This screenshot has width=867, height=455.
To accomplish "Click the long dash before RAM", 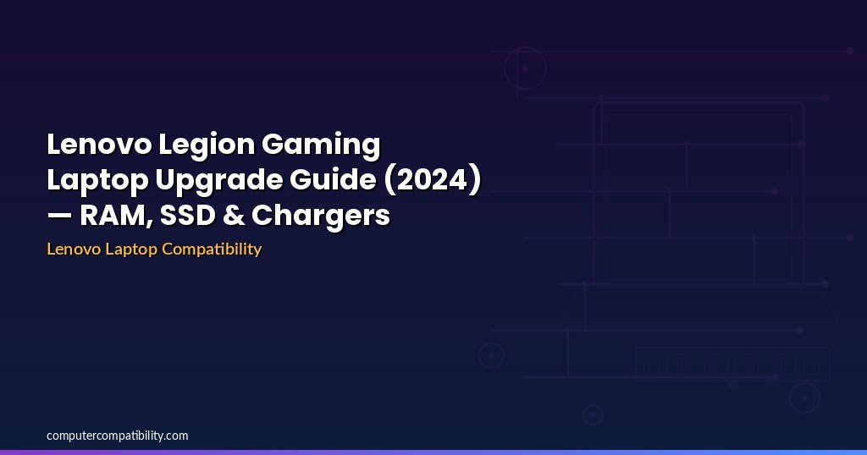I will [59, 217].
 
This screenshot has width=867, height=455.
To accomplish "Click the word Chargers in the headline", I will [321, 216].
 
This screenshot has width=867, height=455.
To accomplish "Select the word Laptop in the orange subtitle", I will [128, 249].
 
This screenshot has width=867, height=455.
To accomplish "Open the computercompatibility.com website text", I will [118, 436].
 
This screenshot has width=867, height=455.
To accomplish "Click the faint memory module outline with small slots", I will [732, 364].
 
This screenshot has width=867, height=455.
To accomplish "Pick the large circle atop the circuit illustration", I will [525, 68].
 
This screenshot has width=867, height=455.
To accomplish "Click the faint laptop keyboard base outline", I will [699, 306].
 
